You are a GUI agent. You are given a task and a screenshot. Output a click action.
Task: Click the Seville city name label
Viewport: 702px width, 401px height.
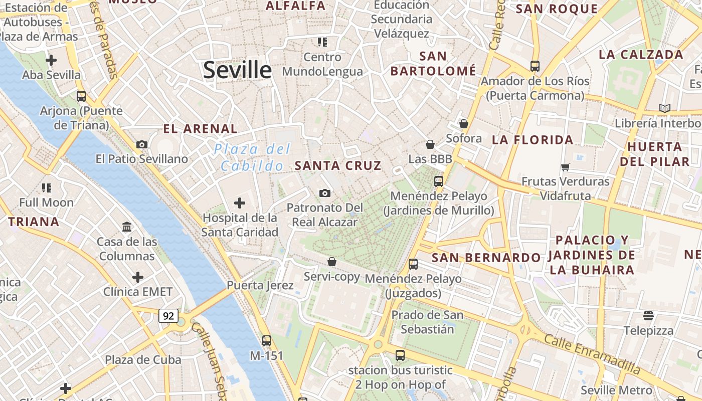237,70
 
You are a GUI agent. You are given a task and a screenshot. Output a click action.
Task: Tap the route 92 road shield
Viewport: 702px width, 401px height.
168,316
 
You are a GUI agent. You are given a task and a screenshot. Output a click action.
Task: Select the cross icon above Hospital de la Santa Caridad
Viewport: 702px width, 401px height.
240,203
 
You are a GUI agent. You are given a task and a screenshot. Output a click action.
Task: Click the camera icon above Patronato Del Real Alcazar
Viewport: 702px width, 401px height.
325,193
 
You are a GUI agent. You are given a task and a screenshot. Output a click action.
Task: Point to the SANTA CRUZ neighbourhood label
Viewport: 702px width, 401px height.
338,165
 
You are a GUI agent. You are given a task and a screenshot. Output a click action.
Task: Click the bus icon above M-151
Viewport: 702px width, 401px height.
267,341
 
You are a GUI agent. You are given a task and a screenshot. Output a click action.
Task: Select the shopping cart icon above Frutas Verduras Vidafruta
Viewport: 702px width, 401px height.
566,167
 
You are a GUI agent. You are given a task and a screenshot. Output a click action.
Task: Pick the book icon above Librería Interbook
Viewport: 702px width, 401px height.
665,108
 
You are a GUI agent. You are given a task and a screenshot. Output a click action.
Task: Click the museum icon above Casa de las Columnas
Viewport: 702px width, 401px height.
127,227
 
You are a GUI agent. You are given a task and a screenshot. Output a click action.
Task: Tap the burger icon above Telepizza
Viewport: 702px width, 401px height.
648,316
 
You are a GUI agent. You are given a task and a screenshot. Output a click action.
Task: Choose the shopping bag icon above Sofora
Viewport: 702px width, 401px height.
464,124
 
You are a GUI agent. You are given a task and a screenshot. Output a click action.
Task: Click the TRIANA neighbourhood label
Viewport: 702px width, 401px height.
34,222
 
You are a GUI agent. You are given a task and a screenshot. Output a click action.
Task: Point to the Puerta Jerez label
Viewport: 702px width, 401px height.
260,285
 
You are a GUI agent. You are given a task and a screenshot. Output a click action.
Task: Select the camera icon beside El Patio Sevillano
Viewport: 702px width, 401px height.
142,144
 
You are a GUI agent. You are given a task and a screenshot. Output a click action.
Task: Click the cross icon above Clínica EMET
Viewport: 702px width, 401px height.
138,277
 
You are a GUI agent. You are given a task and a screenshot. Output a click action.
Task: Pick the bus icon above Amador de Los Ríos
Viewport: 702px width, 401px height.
535,66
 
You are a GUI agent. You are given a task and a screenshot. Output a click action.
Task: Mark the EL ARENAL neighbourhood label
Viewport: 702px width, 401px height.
201,129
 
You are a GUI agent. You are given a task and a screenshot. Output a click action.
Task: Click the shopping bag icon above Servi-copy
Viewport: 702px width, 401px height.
332,262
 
